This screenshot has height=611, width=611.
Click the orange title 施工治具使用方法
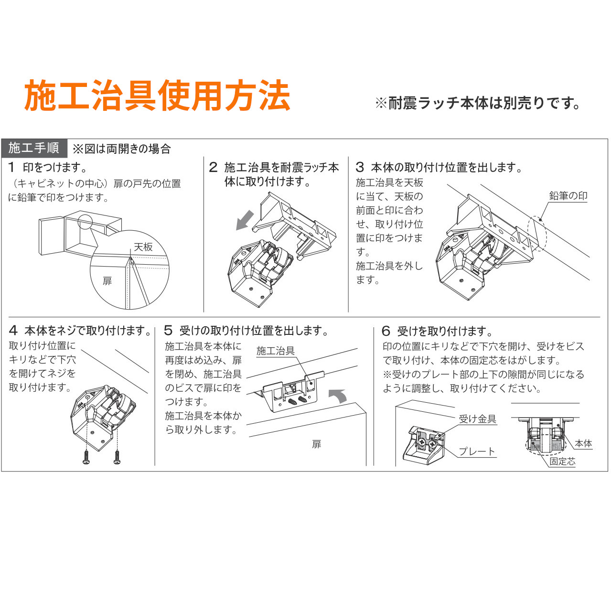(157, 96)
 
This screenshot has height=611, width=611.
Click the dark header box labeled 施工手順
(34, 148)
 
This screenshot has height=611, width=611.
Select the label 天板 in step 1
(143, 247)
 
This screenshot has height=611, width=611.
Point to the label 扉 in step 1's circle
(107, 281)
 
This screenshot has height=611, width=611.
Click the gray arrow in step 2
(245, 220)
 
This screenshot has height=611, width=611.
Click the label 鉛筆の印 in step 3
(568, 196)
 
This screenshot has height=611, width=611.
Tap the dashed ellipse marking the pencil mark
(537, 234)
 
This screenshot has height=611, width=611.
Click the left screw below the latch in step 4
(86, 457)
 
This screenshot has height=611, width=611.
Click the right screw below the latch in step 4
(117, 457)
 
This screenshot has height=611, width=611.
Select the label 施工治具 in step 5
(276, 351)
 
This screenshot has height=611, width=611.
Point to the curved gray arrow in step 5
(338, 396)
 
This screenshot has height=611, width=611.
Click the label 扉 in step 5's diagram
(316, 444)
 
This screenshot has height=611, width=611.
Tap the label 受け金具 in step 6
(477, 419)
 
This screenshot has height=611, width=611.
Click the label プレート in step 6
(476, 451)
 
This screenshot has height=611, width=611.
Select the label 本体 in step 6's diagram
(583, 443)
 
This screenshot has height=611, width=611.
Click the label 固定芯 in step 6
(562, 461)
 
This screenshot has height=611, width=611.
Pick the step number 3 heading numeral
(360, 167)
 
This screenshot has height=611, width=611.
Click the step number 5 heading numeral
(168, 331)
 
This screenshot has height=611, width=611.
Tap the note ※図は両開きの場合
(122, 149)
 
